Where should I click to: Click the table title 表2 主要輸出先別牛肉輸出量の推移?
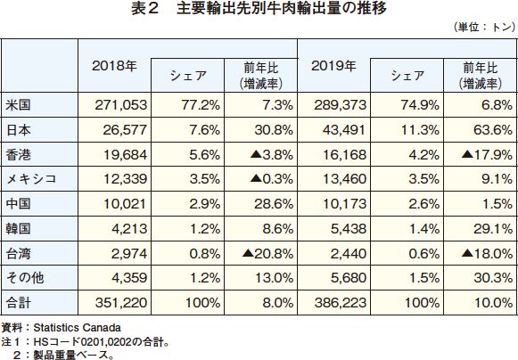click(x=259, y=8)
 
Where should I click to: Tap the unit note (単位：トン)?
click(x=484, y=27)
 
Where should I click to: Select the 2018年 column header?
click(x=114, y=66)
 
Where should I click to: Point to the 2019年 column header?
click(x=333, y=66)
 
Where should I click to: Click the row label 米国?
click(x=19, y=105)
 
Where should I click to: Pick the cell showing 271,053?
click(x=121, y=105)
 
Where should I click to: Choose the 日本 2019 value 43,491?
click(x=344, y=130)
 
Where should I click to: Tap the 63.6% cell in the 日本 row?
click(x=492, y=130)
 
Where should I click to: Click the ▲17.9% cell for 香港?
click(x=487, y=154)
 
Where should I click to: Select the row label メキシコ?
click(x=31, y=179)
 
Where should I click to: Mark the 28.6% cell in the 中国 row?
click(x=274, y=204)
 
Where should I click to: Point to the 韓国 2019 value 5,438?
click(x=349, y=228)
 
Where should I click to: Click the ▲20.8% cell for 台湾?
click(x=267, y=254)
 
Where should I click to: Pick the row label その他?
click(x=25, y=278)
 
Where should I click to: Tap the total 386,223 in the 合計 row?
click(x=341, y=303)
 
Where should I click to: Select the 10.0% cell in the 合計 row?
click(x=493, y=303)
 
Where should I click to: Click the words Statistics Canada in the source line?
click(x=77, y=328)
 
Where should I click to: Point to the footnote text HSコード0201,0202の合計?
click(x=98, y=341)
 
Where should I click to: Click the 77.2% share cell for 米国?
click(x=201, y=105)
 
